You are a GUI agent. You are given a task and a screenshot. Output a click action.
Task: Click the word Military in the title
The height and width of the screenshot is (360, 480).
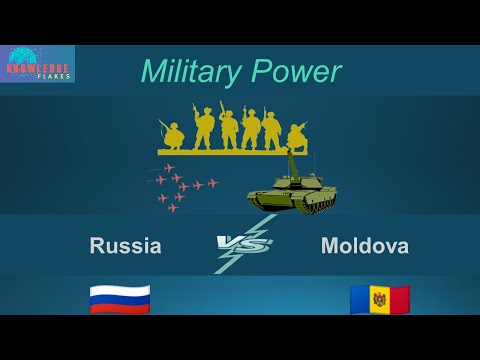(188, 72)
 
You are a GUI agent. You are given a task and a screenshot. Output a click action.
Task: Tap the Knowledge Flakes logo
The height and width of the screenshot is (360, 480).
(37, 63)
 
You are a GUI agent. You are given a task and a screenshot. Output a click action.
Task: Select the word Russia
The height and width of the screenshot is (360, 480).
(125, 246)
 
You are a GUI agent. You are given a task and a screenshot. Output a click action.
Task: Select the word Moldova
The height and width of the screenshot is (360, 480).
(364, 246)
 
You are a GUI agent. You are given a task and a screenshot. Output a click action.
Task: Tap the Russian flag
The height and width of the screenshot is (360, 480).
(120, 297)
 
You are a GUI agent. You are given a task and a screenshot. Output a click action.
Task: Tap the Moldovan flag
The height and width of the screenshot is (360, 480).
(379, 299)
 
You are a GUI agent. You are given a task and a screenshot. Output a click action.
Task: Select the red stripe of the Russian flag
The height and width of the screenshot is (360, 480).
(120, 307)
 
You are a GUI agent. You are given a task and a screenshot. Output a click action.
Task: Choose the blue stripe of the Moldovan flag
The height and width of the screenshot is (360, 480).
(359, 299)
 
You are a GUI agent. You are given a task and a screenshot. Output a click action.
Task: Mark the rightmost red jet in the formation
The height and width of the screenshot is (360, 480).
(213, 184)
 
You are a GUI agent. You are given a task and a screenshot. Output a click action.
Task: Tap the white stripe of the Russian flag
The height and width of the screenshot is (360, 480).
(120, 288)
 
